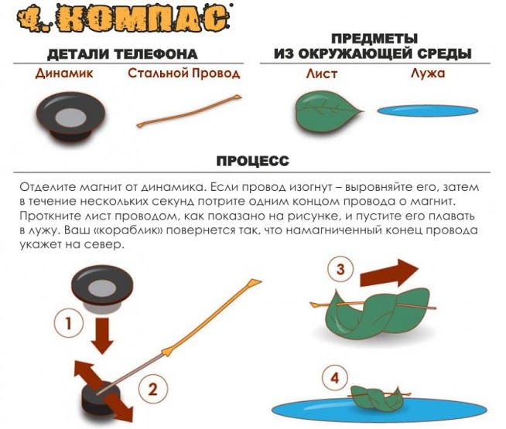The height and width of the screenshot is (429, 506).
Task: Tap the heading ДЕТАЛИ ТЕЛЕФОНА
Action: [122, 54]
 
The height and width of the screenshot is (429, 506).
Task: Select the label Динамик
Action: [64, 73]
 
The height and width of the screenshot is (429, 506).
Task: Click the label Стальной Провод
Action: [184, 73]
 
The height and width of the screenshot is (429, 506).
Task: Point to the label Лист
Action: [322, 73]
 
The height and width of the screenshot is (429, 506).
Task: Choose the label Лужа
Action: [428, 73]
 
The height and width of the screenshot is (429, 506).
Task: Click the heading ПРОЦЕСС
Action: [253, 161]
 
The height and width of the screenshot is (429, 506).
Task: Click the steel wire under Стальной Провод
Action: [189, 111]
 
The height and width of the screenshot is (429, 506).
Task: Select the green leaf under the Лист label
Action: [327, 111]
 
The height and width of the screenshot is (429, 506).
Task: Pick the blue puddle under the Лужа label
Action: [428, 111]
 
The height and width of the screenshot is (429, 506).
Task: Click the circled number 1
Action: [68, 323]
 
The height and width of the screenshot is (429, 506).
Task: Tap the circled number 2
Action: [153, 389]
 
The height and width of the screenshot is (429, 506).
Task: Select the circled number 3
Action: [340, 269]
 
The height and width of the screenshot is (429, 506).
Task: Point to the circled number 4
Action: [335, 378]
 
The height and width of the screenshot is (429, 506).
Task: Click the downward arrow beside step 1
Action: [101, 335]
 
